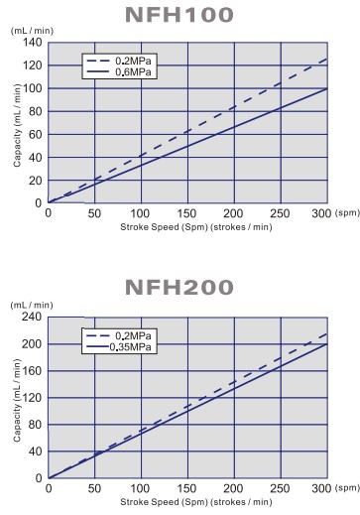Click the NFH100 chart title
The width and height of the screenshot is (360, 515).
tap(180, 15)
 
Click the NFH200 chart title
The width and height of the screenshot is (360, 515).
tap(180, 288)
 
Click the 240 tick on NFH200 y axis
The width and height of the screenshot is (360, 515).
tap(30, 317)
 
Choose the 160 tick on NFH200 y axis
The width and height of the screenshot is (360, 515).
tap(30, 370)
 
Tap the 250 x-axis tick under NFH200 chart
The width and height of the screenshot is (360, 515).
tap(281, 489)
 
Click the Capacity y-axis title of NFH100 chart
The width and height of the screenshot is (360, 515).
tap(17, 122)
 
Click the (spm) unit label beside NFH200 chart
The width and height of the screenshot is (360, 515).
tap(347, 489)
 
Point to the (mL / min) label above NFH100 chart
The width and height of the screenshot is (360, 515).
tap(32, 31)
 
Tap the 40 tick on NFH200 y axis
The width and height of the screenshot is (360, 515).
tap(34, 451)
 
